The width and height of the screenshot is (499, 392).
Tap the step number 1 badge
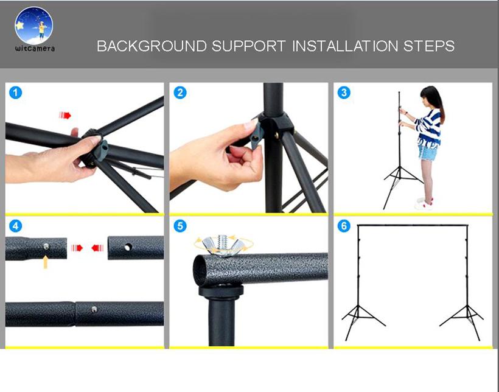[16, 93]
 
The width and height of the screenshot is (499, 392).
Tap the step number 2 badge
[180, 93]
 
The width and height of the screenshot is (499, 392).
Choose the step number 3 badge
[344, 93]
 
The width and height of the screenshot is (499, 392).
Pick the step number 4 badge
[16, 226]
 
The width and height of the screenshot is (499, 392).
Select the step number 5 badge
[180, 226]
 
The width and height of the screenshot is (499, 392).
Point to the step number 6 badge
[344, 226]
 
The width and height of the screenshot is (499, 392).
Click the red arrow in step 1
[65, 115]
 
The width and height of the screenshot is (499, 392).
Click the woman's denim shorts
[427, 151]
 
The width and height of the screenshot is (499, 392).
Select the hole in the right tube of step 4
[127, 248]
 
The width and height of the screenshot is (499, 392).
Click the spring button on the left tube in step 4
[46, 246]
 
